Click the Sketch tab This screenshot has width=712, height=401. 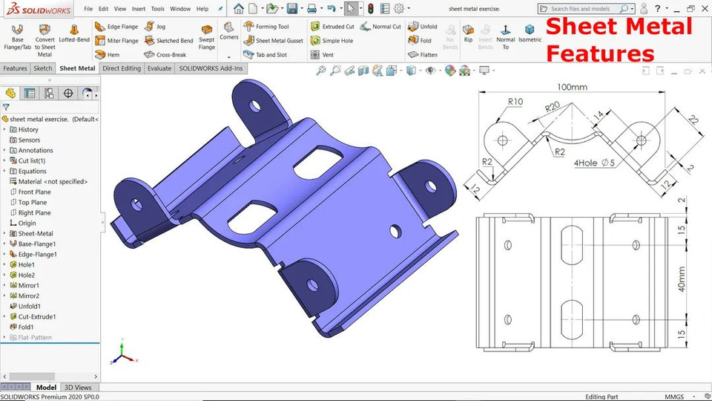tap(42, 68)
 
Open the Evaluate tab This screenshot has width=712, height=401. tap(159, 68)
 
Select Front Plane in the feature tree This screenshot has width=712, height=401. tap(34, 192)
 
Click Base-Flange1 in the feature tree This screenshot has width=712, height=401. tap(36, 244)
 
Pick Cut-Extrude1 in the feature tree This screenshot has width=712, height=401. tap(36, 316)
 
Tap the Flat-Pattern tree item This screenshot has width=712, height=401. tap(34, 337)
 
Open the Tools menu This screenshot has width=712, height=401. tap(157, 9)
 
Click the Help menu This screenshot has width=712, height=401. tap(202, 9)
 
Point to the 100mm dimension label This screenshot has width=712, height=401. tap(572, 87)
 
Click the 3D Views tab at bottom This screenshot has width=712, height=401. tap(78, 388)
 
